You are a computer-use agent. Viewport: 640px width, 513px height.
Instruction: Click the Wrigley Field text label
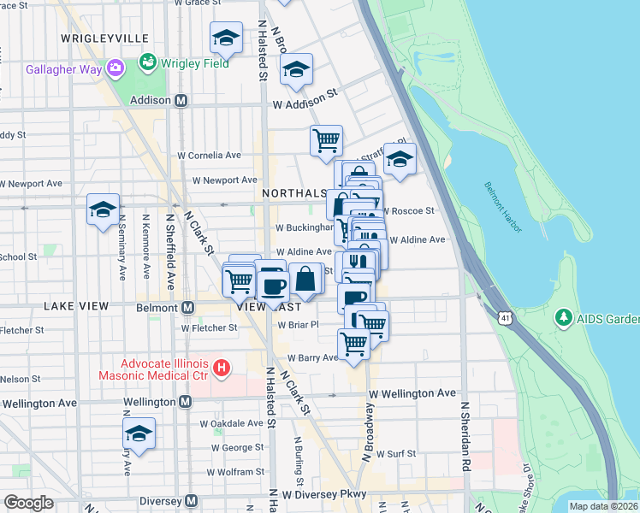[x=196, y=63]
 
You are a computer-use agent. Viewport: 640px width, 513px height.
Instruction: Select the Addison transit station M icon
[x=181, y=100]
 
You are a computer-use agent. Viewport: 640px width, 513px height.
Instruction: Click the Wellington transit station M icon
[x=185, y=402]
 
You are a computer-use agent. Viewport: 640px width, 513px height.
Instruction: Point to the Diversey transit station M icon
[x=192, y=500]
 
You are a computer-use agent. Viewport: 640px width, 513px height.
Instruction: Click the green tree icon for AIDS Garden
[x=563, y=319]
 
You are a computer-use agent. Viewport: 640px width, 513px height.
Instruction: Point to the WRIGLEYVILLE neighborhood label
[x=105, y=39]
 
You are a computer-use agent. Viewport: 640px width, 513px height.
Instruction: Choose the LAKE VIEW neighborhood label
[x=77, y=306]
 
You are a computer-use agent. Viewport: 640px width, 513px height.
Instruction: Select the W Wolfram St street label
[x=239, y=471]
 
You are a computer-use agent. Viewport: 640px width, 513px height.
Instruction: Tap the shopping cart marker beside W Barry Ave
[x=353, y=344]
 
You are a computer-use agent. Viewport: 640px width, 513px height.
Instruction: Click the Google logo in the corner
[x=29, y=503]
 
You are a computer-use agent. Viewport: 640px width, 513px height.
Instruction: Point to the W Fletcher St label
[x=209, y=327]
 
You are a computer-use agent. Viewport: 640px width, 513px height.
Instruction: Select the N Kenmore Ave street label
[x=145, y=249]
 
